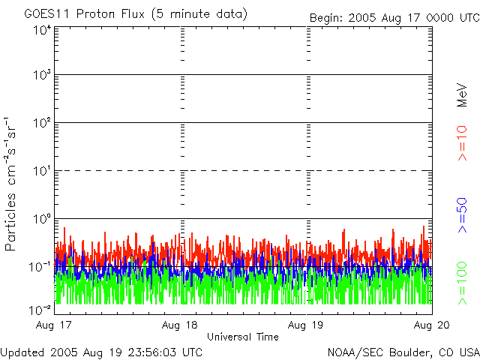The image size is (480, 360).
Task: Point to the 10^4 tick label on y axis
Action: (x=40, y=30)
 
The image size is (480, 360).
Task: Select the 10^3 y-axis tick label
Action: (x=40, y=75)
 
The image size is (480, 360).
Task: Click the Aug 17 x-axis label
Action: (x=55, y=325)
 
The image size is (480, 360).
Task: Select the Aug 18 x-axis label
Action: (x=181, y=325)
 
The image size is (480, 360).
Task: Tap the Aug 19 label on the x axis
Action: (x=307, y=325)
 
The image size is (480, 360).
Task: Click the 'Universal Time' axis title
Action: (x=243, y=337)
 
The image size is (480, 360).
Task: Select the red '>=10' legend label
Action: (x=463, y=142)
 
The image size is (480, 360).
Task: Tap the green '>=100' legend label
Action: (x=463, y=283)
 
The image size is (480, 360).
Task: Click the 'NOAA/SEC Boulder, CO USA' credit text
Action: (x=403, y=352)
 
